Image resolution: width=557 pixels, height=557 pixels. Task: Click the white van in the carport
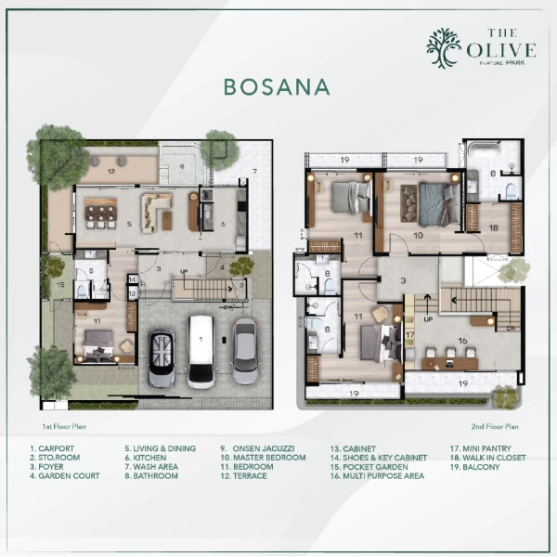(x=201, y=351)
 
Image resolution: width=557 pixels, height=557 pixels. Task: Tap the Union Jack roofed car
(x=162, y=357)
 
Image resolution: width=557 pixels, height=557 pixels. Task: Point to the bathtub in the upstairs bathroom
(x=484, y=151)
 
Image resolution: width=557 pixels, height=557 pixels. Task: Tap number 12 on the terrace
(x=110, y=171)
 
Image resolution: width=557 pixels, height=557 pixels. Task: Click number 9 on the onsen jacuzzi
(x=182, y=166)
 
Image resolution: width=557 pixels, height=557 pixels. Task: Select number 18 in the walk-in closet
(x=493, y=227)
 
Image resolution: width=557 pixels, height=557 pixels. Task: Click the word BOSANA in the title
(x=277, y=87)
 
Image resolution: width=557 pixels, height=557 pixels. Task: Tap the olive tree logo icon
(x=444, y=48)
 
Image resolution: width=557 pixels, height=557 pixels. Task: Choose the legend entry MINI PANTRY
(x=484, y=448)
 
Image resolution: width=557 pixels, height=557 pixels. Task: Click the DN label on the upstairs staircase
(x=509, y=327)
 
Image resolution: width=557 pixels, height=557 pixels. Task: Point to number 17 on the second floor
(x=409, y=334)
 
